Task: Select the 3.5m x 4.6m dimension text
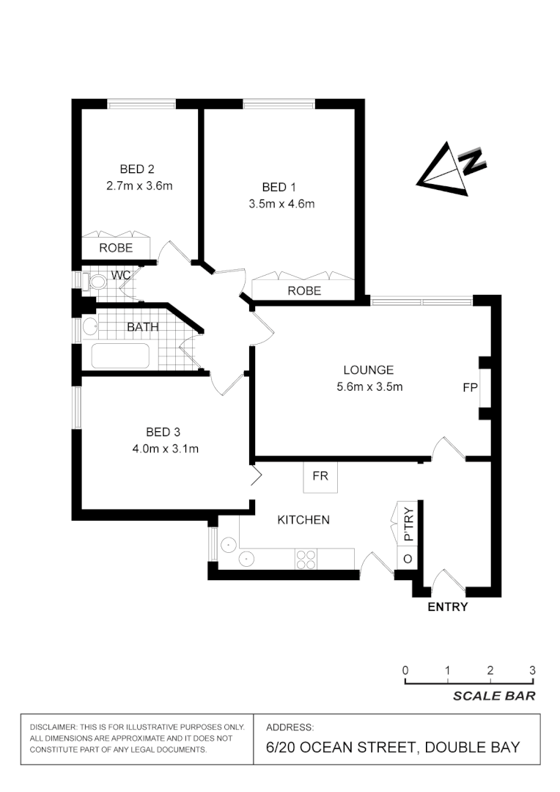pyautogui.click(x=281, y=204)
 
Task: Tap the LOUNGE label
pyautogui.click(x=369, y=370)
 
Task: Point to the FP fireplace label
pyautogui.click(x=470, y=387)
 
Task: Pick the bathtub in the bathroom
pyautogui.click(x=120, y=356)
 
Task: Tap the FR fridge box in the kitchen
pyautogui.click(x=320, y=476)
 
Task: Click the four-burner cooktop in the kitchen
pyautogui.click(x=306, y=560)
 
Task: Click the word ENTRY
pyautogui.click(x=447, y=606)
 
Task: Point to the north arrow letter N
pyautogui.click(x=472, y=161)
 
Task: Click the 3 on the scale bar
pyautogui.click(x=532, y=670)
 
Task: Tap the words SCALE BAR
pyautogui.click(x=493, y=696)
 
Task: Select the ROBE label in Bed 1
pyautogui.click(x=304, y=290)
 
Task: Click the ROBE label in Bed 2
pyautogui.click(x=116, y=248)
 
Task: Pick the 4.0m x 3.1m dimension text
pyautogui.click(x=162, y=449)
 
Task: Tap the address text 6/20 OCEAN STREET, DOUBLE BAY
pyautogui.click(x=393, y=747)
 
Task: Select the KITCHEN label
pyautogui.click(x=303, y=520)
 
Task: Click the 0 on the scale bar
pyautogui.click(x=405, y=670)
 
